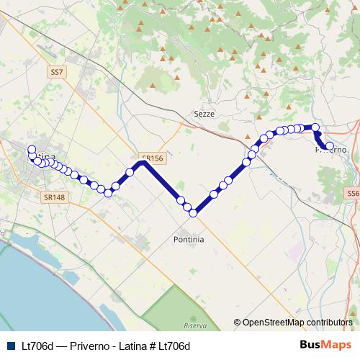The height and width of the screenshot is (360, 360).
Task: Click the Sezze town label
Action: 204,114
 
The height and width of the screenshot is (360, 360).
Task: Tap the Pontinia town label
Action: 189,238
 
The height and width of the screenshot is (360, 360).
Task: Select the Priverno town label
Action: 332,150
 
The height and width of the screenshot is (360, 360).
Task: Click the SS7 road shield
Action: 57,72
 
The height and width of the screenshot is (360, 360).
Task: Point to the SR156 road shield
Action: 153,158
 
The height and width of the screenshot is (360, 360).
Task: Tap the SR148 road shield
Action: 54,197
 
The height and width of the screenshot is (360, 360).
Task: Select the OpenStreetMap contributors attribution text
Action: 297,323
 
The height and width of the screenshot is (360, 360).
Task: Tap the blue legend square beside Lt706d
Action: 10,346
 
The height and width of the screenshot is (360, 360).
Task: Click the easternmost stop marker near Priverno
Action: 330,146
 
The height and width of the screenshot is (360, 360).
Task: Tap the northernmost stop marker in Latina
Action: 32,150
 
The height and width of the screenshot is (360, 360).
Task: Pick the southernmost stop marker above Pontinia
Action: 194,212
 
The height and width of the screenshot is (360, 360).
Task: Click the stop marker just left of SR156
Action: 130,172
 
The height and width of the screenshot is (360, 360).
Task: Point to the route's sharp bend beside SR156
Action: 143,163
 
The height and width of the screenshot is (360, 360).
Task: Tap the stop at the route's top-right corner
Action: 315,127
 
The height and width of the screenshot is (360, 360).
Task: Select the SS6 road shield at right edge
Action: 353,194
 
